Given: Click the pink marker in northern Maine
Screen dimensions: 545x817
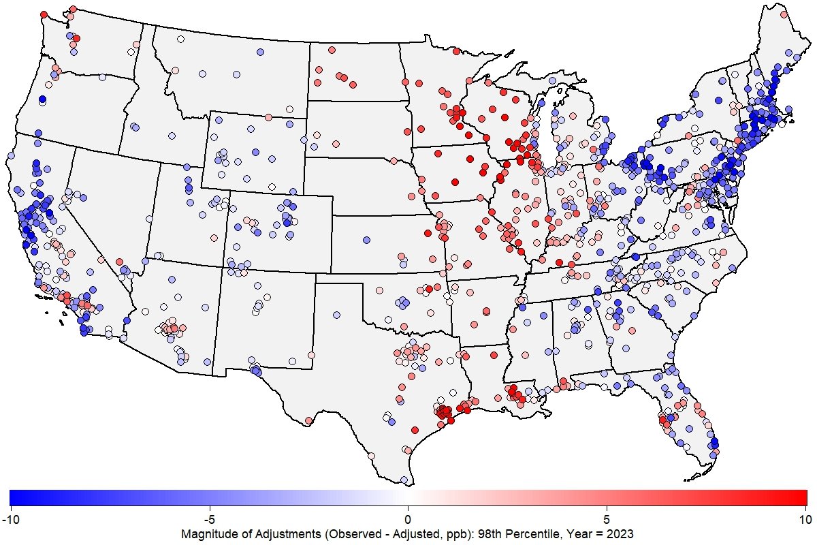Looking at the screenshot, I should pyautogui.click(x=784, y=12).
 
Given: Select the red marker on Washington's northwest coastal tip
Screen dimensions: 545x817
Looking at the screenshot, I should pyautogui.click(x=44, y=14).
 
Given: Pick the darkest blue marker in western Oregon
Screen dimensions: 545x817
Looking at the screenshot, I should pyautogui.click(x=42, y=100).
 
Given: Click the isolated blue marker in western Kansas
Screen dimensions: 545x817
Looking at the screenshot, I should pyautogui.click(x=365, y=240).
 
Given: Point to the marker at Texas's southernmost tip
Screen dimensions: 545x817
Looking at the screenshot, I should pyautogui.click(x=404, y=480).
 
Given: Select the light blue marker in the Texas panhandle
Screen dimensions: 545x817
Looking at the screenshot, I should pyautogui.click(x=336, y=315).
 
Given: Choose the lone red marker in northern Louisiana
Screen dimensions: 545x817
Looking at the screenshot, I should pyautogui.click(x=487, y=312).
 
